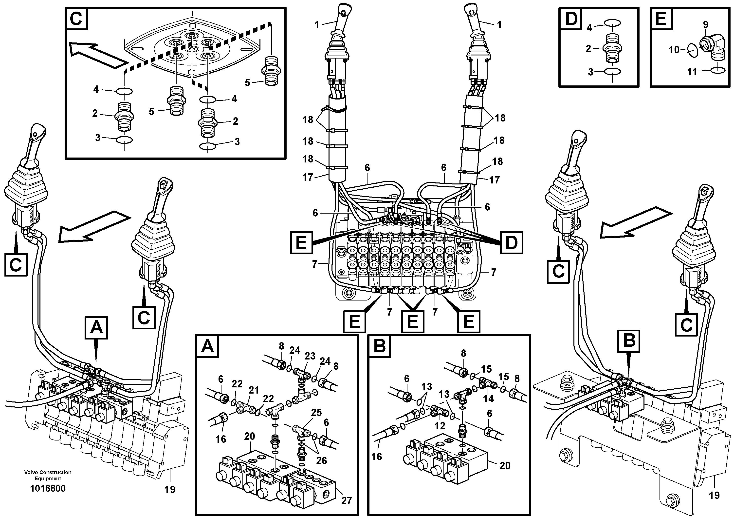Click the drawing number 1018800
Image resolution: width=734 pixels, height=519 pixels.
[48, 489]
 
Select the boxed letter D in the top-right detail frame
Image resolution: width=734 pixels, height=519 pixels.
[571, 19]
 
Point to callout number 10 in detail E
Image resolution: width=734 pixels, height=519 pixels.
[674, 50]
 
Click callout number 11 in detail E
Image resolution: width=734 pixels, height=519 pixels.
[692, 71]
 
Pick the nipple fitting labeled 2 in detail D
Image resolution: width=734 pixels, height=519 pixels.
[612, 49]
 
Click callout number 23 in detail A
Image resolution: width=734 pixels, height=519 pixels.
[310, 356]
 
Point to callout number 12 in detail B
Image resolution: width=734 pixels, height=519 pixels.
[440, 426]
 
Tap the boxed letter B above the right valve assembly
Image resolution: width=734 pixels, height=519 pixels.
[629, 341]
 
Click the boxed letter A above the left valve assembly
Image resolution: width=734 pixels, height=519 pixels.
[96, 328]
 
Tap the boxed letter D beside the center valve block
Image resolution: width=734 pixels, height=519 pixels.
[512, 243]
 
